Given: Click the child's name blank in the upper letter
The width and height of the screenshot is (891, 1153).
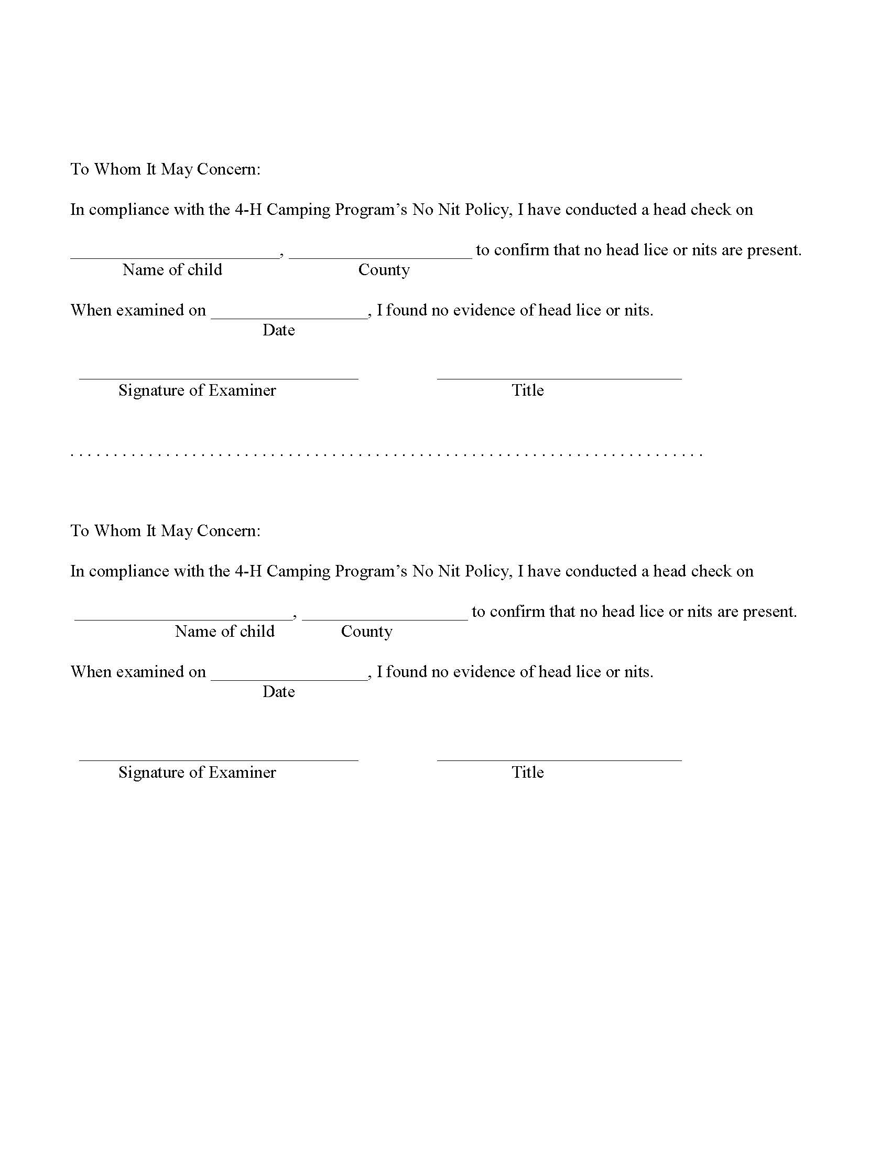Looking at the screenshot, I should click(x=174, y=254).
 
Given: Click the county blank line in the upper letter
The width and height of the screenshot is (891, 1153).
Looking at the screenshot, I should click(x=380, y=254).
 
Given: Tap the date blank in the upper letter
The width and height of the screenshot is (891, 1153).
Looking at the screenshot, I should click(x=289, y=313).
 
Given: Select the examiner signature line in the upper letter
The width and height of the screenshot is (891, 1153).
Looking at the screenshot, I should click(x=219, y=374).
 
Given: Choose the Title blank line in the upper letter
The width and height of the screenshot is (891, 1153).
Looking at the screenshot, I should click(x=559, y=374).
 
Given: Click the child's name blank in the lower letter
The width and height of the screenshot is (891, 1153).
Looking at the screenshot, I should click(x=182, y=615).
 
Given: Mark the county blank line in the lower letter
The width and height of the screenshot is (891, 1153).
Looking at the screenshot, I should click(x=385, y=615).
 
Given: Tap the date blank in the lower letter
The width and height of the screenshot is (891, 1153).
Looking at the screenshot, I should click(x=289, y=675).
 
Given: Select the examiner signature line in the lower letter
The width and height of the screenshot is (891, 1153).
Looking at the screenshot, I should click(x=219, y=756).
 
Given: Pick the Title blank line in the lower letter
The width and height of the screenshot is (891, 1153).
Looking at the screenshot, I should click(x=559, y=756).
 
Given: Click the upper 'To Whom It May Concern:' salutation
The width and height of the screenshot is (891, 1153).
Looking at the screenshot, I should click(x=165, y=169).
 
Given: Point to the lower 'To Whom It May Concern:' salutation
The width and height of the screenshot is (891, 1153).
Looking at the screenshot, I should click(x=165, y=531).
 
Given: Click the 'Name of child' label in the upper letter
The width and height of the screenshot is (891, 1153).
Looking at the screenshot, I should click(x=172, y=270).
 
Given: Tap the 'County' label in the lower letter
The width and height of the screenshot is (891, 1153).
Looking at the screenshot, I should click(x=366, y=632).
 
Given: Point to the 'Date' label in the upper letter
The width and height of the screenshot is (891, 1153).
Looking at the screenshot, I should click(x=278, y=330).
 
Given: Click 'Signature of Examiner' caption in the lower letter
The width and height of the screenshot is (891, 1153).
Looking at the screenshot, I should click(x=197, y=773).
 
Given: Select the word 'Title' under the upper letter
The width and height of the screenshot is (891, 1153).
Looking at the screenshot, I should click(x=527, y=390).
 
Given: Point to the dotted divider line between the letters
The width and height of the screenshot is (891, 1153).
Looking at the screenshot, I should click(x=386, y=454).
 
